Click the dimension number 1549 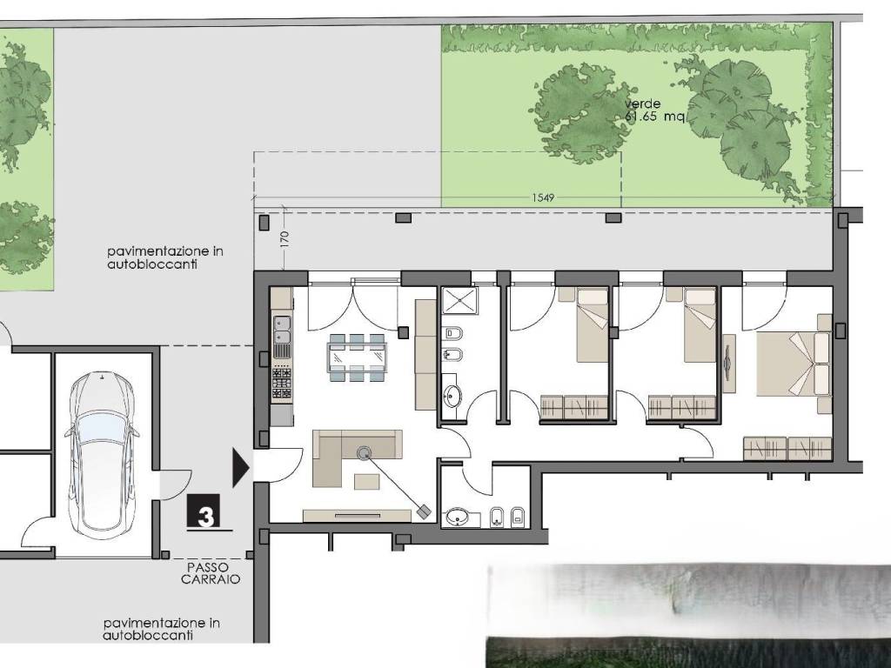tap(543, 197)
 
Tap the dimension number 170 tap(285, 238)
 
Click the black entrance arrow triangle tap(241, 467)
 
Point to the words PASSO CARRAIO tap(211, 573)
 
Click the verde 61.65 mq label tap(653, 110)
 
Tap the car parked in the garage tap(103, 456)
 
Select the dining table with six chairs tap(357, 357)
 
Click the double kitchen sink tap(281, 331)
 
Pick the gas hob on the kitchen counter tap(282, 384)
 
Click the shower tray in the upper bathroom tap(459, 300)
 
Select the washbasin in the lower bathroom tap(458, 518)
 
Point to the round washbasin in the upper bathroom tap(452, 396)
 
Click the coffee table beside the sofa tap(368, 481)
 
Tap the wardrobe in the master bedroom tap(787, 448)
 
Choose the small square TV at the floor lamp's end tap(424, 511)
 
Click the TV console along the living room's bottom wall tap(357, 516)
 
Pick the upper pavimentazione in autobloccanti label tap(164, 257)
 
